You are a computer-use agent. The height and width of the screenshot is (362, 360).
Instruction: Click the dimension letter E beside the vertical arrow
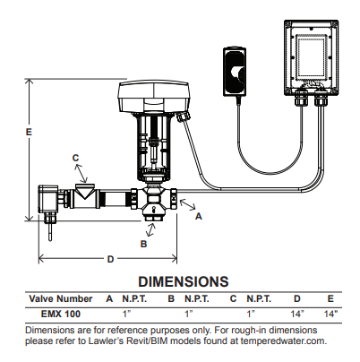coord(29,131)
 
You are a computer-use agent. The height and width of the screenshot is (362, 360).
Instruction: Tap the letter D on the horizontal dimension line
coord(110,259)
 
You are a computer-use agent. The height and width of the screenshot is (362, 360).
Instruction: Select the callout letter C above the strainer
coord(76,158)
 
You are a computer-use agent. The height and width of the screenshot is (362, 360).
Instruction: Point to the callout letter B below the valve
coord(143,242)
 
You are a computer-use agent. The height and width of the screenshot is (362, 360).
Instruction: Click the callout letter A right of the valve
coord(199,217)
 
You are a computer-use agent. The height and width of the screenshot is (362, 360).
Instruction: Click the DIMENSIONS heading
coord(179,281)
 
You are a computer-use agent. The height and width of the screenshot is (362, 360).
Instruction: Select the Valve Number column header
coord(61,298)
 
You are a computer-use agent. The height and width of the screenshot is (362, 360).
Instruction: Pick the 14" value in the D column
coord(297,314)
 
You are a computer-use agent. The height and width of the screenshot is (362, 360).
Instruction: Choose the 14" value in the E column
coord(330,314)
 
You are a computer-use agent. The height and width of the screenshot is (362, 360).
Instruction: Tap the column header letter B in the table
coord(170,298)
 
